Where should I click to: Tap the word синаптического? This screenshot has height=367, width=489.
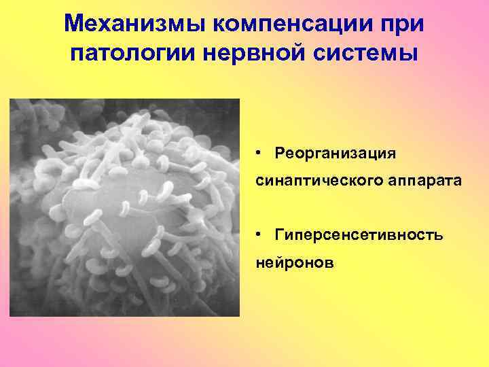pyautogui.click(x=309, y=182)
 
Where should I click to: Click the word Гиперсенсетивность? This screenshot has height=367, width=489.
pyautogui.click(x=359, y=234)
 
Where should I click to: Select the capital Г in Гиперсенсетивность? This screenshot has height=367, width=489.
pyautogui.click(x=279, y=234)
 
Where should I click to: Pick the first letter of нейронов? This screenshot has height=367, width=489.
pyautogui.click(x=260, y=263)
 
